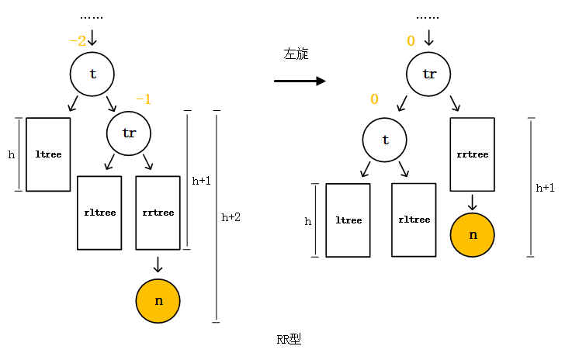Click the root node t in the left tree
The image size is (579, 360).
92,74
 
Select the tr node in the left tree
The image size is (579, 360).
129,133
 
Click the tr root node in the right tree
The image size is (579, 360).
429,74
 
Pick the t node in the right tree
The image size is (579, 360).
386,140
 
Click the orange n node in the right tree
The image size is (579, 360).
472,234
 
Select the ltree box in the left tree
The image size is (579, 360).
48,154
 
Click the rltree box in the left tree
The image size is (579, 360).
99,213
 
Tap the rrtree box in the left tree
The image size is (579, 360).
158,213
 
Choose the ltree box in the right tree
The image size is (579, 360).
348,220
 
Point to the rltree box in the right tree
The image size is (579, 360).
414,220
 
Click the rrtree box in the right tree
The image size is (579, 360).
472,154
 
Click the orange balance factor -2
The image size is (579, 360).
78,41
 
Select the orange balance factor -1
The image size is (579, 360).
144,99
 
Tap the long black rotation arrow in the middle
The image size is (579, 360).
300,81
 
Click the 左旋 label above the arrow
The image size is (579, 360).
296,54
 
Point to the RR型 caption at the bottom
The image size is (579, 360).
289,340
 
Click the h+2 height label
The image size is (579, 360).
231,218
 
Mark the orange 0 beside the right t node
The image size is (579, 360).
374,99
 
